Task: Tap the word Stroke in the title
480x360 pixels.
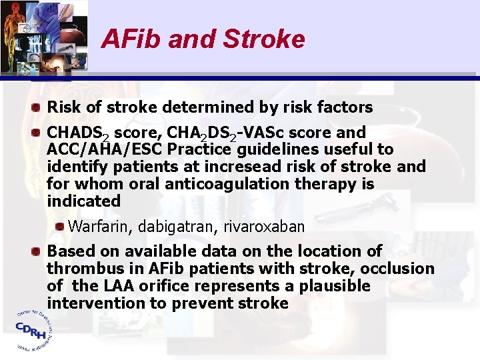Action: (264, 39)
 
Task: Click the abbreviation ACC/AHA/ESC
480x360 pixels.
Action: (105, 149)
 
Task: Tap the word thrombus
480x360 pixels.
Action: (84, 269)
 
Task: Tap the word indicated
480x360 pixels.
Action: (83, 201)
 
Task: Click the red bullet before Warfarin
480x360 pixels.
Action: (60, 227)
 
